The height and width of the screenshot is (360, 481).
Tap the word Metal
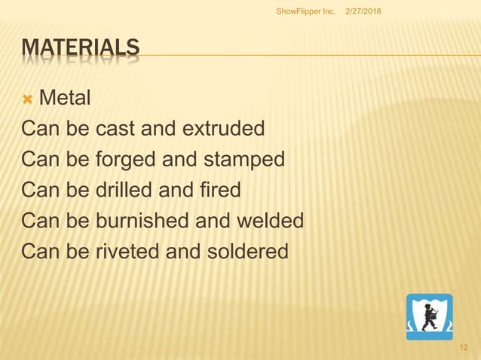65,97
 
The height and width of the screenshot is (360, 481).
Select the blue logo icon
430,317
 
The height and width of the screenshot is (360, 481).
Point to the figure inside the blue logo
430,316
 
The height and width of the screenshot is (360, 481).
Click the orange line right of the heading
302,55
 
